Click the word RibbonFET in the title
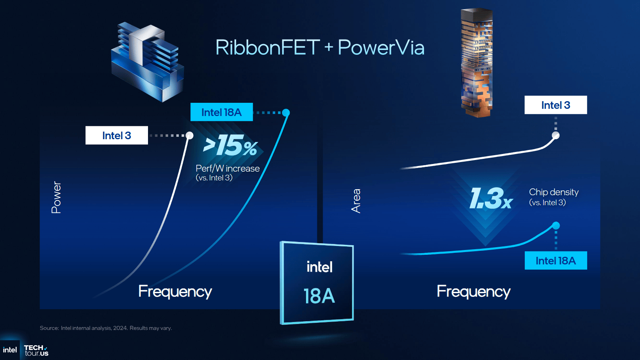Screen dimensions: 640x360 pos(268,48)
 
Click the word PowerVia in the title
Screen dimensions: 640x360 pos(381,48)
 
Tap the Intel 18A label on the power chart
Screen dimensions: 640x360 pos(222,112)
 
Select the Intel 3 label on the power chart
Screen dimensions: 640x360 pos(116,135)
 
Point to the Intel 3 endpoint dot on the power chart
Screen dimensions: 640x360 pos(190,136)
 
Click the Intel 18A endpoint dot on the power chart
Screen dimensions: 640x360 pos(286,112)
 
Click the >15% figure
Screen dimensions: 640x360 pos(230,146)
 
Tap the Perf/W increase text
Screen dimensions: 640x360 pos(228,168)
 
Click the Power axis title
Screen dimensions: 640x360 pos(56,198)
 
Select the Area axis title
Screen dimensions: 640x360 pos(356,201)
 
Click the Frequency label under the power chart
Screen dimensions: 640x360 pos(175,292)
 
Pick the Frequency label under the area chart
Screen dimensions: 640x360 pos(474,292)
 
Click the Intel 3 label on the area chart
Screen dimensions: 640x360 pos(556,105)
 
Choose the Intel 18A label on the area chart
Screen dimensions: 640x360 pos(556,260)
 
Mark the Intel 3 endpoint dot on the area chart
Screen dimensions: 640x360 pos(556,136)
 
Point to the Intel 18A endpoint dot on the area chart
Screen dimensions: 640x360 pos(556,226)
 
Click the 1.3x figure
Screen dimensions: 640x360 pos(491,198)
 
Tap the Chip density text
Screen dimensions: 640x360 pos(554,192)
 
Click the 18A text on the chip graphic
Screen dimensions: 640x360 pos(319,296)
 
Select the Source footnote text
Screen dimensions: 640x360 pos(106,328)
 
